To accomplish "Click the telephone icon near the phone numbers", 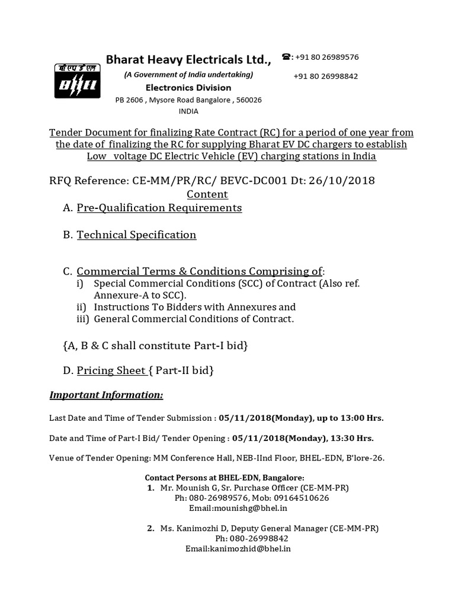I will click(x=287, y=57).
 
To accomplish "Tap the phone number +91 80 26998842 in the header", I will click(x=325, y=76).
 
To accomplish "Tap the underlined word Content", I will click(x=207, y=194).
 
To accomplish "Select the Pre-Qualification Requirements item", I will click(x=159, y=208).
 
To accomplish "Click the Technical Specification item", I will click(x=136, y=235).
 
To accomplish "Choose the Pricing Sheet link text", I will click(x=111, y=371).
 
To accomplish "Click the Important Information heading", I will click(x=106, y=395).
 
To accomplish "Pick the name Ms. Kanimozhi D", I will click(x=193, y=528).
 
